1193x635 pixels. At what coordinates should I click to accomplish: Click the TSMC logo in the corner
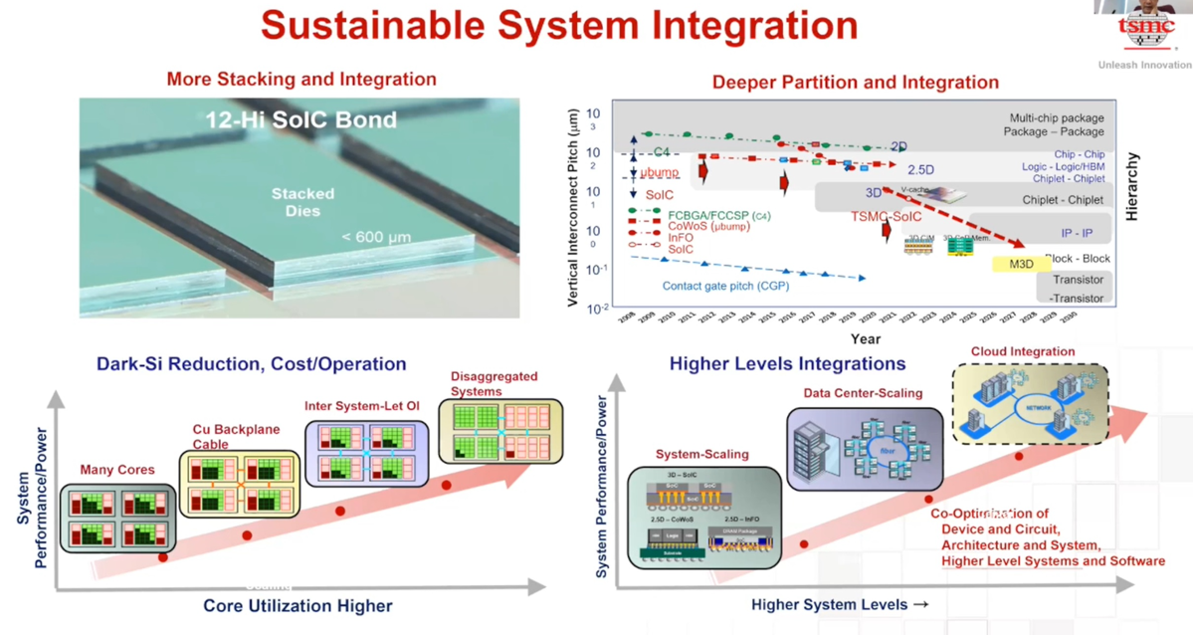click(x=1146, y=30)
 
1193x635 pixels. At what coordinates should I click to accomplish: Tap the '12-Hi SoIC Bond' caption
click(x=300, y=120)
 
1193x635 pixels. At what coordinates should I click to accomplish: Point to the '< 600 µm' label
click(x=376, y=237)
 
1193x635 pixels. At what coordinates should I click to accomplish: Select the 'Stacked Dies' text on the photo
click(x=302, y=202)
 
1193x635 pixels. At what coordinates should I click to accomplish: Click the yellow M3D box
click(x=1021, y=264)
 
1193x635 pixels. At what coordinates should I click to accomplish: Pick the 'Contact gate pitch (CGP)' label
click(x=725, y=286)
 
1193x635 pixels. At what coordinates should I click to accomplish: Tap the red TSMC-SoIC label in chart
click(x=886, y=217)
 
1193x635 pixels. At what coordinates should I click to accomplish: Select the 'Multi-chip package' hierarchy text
click(x=1056, y=117)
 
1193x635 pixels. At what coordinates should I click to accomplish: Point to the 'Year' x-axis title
click(x=865, y=339)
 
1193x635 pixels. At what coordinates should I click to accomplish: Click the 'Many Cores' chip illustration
click(x=117, y=518)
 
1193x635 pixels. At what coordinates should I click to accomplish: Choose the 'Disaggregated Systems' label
click(x=494, y=383)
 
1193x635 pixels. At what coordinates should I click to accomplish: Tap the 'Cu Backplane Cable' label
click(x=236, y=437)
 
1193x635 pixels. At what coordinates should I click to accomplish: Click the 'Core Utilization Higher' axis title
click(x=298, y=605)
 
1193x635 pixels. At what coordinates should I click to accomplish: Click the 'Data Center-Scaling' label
click(x=863, y=393)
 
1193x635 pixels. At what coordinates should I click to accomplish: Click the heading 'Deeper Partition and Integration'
click(x=855, y=82)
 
